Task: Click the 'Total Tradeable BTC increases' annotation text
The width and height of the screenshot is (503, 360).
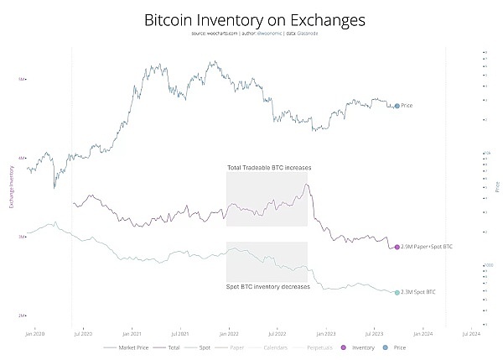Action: point(269,168)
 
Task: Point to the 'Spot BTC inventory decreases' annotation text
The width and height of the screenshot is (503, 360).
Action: point(268,287)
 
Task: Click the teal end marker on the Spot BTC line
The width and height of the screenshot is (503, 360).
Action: point(397,292)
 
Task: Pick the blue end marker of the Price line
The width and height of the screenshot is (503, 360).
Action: point(397,106)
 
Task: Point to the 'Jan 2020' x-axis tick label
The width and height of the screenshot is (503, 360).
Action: point(34,333)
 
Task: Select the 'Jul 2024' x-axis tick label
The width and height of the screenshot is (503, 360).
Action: point(473,333)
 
